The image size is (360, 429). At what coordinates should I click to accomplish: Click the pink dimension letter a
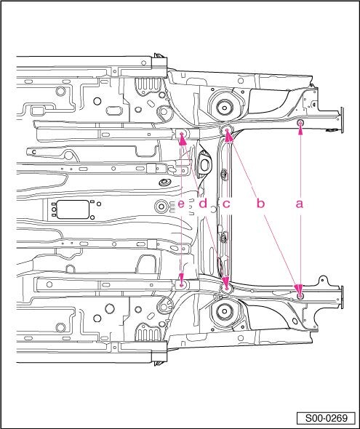[x=300, y=204]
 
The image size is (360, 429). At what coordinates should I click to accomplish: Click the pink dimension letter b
[x=260, y=204]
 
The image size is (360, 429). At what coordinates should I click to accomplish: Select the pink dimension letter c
[x=226, y=204]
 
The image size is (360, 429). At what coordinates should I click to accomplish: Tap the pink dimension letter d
[x=203, y=204]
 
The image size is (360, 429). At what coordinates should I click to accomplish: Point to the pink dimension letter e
[x=181, y=204]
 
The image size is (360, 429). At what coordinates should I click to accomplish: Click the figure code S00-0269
[x=326, y=418]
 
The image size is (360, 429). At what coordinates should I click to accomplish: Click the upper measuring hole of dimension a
[x=300, y=122]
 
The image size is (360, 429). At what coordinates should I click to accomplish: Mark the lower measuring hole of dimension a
[x=300, y=296]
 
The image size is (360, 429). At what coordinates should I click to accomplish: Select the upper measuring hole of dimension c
[x=227, y=130]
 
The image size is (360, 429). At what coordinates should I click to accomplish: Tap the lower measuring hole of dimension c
[x=227, y=288]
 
